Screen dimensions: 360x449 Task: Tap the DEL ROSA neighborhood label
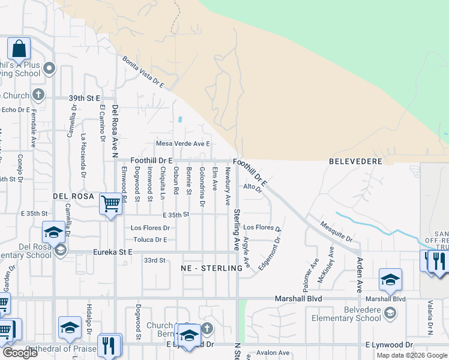pyautogui.click(x=73, y=196)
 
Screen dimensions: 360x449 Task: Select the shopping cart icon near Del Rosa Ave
pyautogui.click(x=110, y=204)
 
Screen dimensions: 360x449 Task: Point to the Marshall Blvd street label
pyautogui.click(x=298, y=298)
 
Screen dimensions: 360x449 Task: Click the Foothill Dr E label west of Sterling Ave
pyautogui.click(x=152, y=161)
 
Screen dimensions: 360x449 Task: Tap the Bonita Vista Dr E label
pyautogui.click(x=143, y=73)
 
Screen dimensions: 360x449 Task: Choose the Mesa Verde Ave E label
pyautogui.click(x=183, y=144)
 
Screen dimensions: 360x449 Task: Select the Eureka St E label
pyautogui.click(x=112, y=253)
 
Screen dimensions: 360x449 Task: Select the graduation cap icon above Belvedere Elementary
pyautogui.click(x=390, y=280)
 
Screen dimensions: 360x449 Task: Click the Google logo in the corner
pyautogui.click(x=20, y=353)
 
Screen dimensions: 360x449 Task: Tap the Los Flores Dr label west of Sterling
pyautogui.click(x=150, y=228)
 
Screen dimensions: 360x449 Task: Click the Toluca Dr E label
pyautogui.click(x=149, y=239)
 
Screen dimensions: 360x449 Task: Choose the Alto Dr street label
pyautogui.click(x=253, y=187)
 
